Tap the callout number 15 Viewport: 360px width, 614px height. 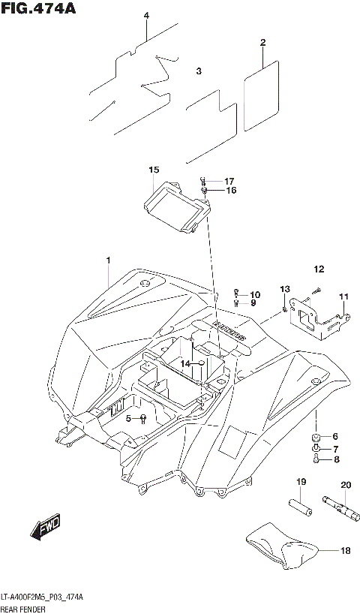coord(154,170)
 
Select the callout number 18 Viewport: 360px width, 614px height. coord(345,551)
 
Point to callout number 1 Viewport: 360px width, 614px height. coord(108,260)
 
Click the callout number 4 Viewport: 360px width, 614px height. coord(146,16)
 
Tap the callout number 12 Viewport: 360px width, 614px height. coord(319,269)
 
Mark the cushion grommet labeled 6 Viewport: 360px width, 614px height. coord(316,437)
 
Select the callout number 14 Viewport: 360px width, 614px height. coord(184,363)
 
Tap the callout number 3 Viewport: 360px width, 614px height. coord(199,72)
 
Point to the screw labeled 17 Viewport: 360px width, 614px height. coord(202,181)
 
